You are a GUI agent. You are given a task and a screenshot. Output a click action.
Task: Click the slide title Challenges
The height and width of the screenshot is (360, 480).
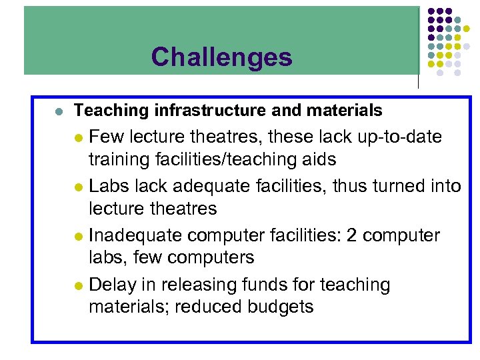click(221, 57)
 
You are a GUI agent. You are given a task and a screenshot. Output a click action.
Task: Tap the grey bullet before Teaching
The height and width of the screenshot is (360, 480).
click(59, 111)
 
